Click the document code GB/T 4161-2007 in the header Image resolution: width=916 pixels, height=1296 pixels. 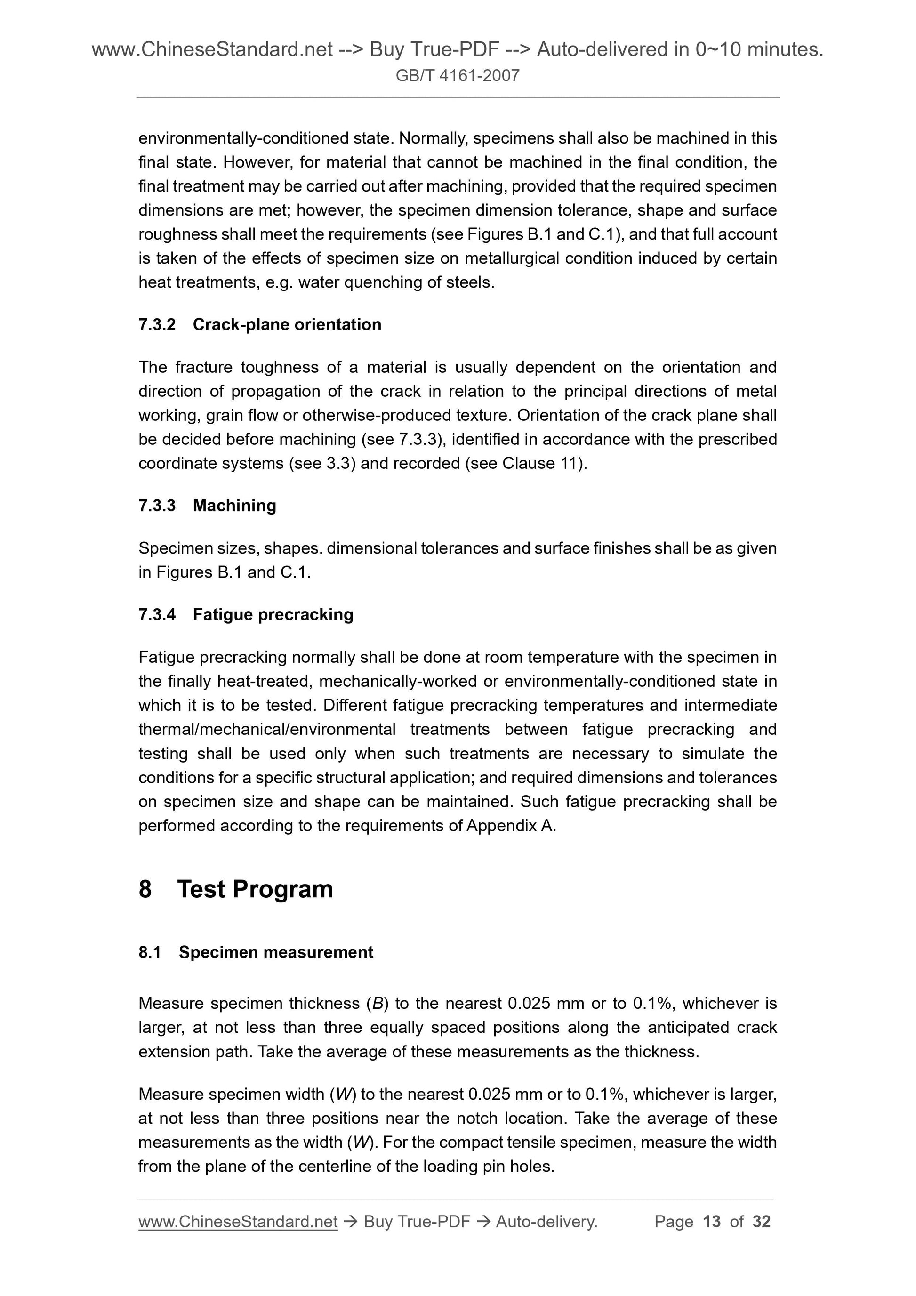point(457,76)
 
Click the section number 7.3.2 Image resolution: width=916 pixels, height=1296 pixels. point(157,324)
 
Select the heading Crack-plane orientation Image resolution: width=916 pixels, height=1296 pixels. point(287,324)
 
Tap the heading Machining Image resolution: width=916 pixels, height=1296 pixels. point(234,505)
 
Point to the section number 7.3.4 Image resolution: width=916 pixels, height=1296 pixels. point(157,614)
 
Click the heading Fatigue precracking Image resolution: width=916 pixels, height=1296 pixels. point(273,614)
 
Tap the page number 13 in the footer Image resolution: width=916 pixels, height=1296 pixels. point(712,1222)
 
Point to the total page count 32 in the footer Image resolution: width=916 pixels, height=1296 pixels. point(761,1222)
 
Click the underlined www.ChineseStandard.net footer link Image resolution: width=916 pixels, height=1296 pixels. point(238,1222)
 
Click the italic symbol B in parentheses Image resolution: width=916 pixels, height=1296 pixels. point(376,1003)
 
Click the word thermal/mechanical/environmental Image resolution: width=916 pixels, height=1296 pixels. point(266,729)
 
